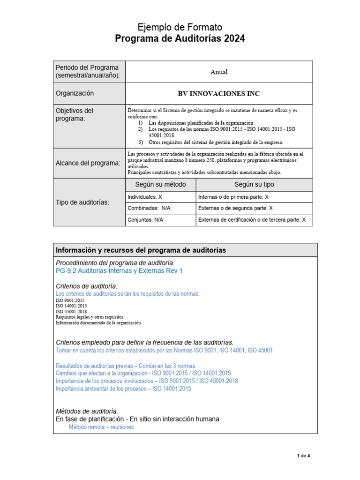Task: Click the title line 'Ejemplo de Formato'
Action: pos(180,27)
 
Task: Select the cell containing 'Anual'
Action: pos(218,72)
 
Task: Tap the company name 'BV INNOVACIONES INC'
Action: pos(219,94)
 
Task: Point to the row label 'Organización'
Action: pos(75,93)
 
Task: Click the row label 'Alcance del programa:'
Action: pos(88,163)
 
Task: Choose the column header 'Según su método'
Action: pos(160,185)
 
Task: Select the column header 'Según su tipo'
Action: pos(254,185)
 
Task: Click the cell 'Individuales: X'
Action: pos(145,197)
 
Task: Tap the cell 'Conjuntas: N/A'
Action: pos(145,219)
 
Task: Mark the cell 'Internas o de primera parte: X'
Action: pos(233,197)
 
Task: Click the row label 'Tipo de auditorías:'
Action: pos(82,202)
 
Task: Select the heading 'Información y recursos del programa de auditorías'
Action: pos(141,250)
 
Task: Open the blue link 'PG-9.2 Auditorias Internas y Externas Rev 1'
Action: pos(119,271)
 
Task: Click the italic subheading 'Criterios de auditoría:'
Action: pos(87,286)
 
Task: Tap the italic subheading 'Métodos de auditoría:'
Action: pos(87,411)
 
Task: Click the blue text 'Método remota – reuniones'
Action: pos(101,427)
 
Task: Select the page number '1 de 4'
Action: pos(304,456)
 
